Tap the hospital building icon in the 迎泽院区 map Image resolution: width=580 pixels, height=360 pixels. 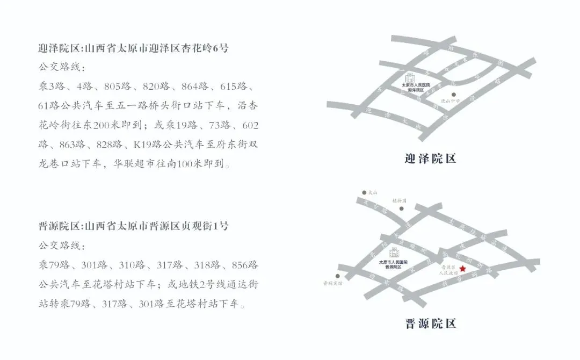pyautogui.click(x=409, y=78)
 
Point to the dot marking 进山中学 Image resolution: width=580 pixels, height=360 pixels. pyautogui.click(x=454, y=94)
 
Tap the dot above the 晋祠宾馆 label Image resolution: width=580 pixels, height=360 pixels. pyautogui.click(x=338, y=274)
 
